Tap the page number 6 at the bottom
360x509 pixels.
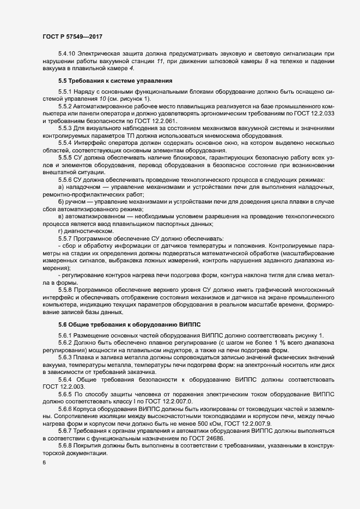coord(44,463)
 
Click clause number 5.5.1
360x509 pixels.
coord(65,91)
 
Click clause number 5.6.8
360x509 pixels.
coord(65,445)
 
